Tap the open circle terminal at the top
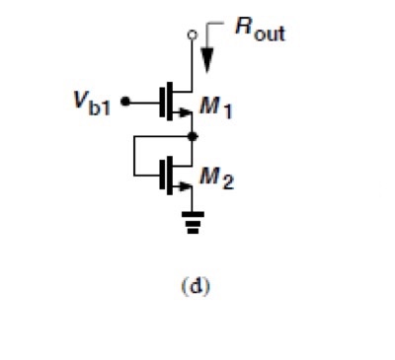click(x=194, y=36)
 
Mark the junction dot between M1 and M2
click(x=194, y=140)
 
